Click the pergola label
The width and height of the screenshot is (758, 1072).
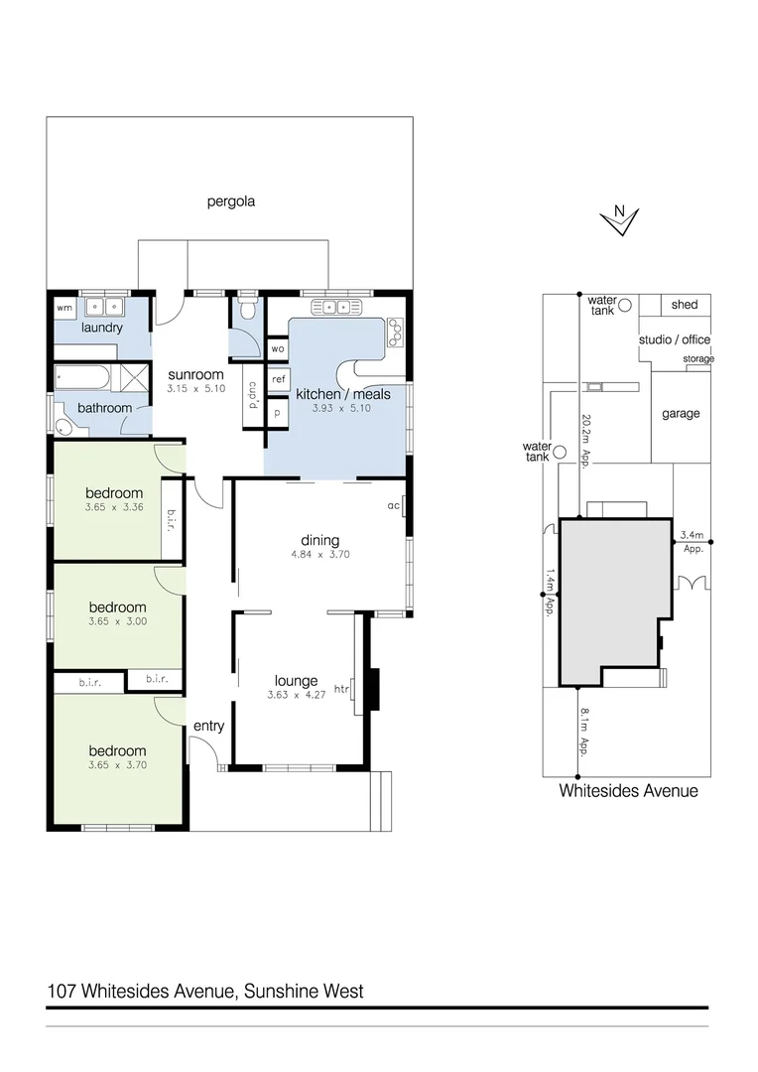[x=231, y=201]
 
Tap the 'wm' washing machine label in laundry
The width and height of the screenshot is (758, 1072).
[x=64, y=309]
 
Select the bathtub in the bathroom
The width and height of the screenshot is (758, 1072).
[x=84, y=378]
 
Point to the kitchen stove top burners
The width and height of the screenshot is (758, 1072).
[x=395, y=331]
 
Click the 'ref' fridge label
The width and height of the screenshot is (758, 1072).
[x=279, y=379]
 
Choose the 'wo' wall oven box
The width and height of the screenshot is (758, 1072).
[x=278, y=349]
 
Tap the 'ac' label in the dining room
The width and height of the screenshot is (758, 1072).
[x=393, y=505]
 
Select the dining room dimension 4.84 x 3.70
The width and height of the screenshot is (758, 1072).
[x=319, y=554]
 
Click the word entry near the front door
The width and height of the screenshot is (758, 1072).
[x=208, y=727]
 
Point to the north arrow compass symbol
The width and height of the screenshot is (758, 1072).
[x=621, y=221]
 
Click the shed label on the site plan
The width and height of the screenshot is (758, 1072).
[x=684, y=305]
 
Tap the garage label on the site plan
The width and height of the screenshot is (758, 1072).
[x=681, y=414]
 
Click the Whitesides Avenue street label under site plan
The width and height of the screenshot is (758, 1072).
[x=628, y=791]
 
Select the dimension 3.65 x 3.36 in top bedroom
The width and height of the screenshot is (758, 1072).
[x=115, y=508]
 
